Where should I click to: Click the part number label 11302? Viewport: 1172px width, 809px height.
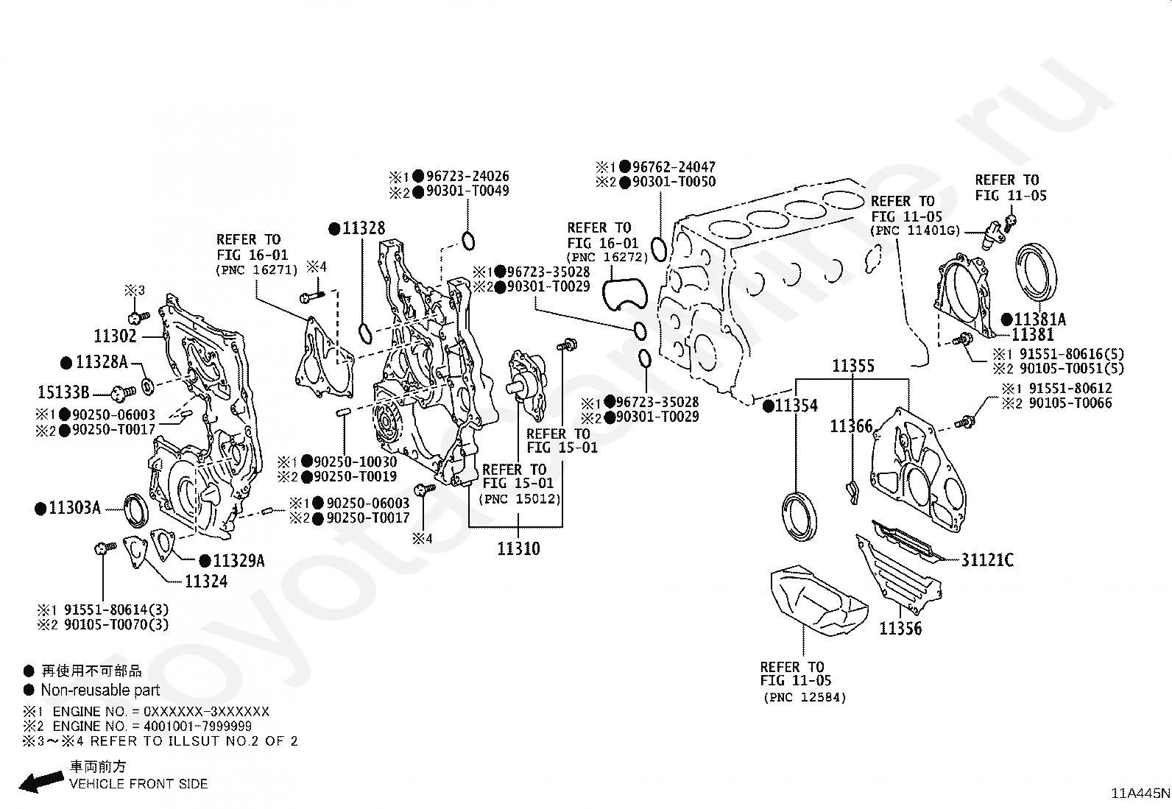[x=115, y=336]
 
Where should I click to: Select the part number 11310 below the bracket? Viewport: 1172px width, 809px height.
[x=518, y=548]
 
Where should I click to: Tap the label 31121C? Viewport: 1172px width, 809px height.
[x=987, y=560]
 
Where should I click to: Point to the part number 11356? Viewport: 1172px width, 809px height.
[x=900, y=629]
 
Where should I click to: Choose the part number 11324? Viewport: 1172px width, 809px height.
[x=206, y=582]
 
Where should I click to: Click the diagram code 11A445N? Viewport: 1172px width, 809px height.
[x=1140, y=794]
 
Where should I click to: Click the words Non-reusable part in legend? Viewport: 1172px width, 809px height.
[x=100, y=690]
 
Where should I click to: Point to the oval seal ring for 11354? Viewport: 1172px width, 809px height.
[x=798, y=515]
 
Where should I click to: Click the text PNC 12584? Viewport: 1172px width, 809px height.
[x=805, y=697]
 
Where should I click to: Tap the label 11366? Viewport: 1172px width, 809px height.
[x=851, y=426]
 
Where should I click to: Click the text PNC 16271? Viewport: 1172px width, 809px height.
[x=257, y=270]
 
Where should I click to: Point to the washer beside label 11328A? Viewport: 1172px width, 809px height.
[x=147, y=385]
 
